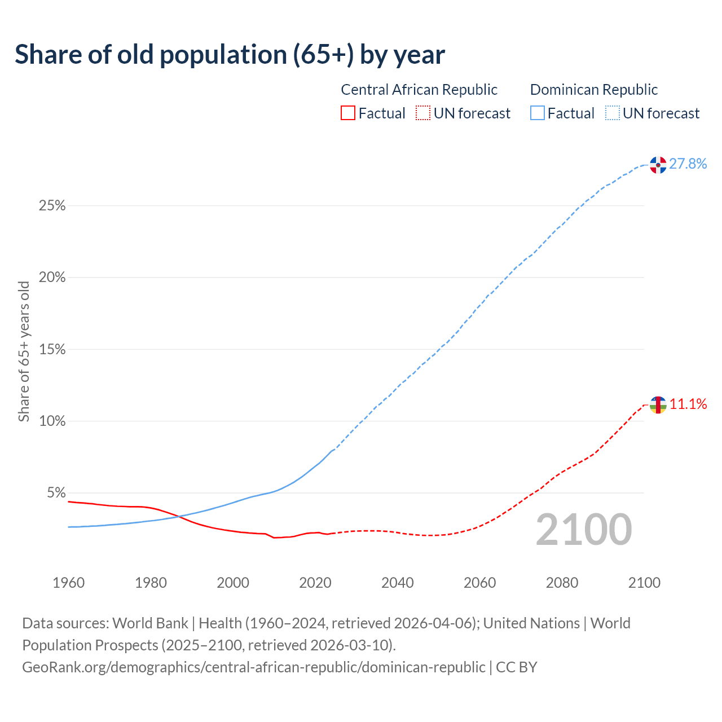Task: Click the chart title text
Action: pyautogui.click(x=230, y=55)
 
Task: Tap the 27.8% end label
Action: pyautogui.click(x=688, y=164)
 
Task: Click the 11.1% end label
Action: pyautogui.click(x=688, y=404)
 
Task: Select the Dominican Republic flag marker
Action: pyautogui.click(x=658, y=165)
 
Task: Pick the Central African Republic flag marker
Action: pyautogui.click(x=658, y=404)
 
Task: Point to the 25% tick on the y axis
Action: pyautogui.click(x=52, y=206)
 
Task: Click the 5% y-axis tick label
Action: pyautogui.click(x=56, y=493)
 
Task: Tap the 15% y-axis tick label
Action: pyautogui.click(x=52, y=350)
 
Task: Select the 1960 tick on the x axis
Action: pyautogui.click(x=68, y=583)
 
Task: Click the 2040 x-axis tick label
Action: pyautogui.click(x=397, y=583)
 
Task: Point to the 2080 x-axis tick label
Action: pyautogui.click(x=562, y=583)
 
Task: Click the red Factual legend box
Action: pyautogui.click(x=348, y=113)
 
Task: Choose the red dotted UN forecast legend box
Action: pyautogui.click(x=423, y=113)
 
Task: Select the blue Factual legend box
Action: pyautogui.click(x=538, y=113)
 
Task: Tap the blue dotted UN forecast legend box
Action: pyautogui.click(x=612, y=113)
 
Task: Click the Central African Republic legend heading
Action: pyautogui.click(x=419, y=90)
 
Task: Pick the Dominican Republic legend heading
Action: pyautogui.click(x=594, y=90)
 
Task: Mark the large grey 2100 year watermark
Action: pyautogui.click(x=584, y=530)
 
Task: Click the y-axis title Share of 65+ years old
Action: pyautogui.click(x=24, y=351)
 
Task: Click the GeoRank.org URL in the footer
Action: pyautogui.click(x=253, y=667)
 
